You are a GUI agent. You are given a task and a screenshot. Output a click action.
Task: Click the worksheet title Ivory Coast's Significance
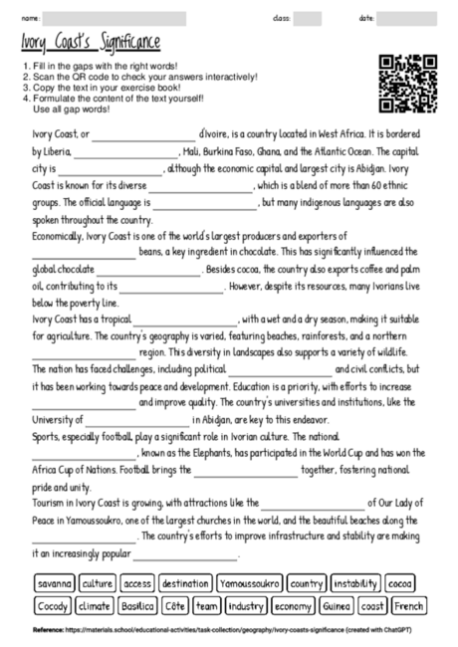[x=91, y=43]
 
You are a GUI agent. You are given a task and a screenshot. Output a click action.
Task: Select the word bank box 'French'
[x=408, y=604]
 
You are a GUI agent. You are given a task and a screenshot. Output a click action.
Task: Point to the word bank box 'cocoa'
[x=401, y=583]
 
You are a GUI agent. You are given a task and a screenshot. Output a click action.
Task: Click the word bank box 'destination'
[x=185, y=583]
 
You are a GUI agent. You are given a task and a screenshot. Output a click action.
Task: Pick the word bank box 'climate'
[x=95, y=604]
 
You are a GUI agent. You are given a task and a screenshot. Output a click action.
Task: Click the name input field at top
[x=114, y=18]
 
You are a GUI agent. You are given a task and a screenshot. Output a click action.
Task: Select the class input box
[x=308, y=18]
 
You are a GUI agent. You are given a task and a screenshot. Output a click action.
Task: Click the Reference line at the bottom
[x=229, y=631]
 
